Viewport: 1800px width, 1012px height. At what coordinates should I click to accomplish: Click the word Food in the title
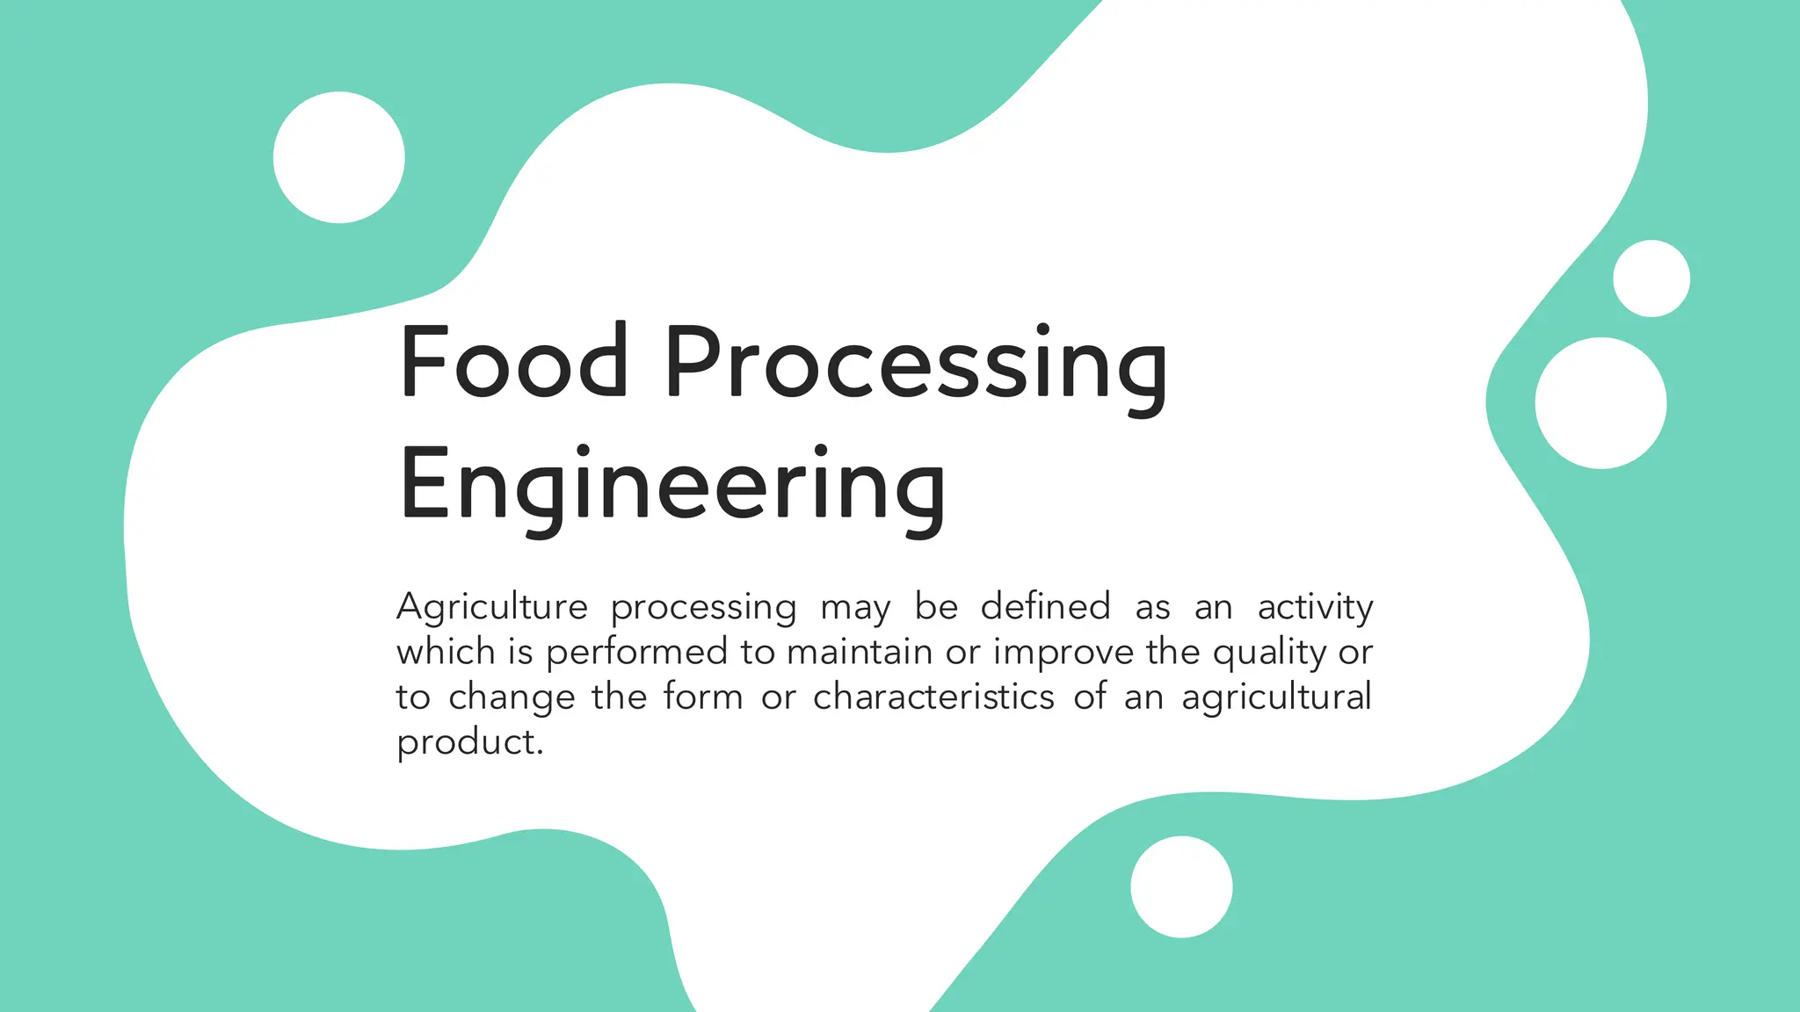point(513,362)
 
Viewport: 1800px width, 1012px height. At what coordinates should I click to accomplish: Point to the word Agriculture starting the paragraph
point(492,608)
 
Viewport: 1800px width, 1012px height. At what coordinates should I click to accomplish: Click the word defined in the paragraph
point(1045,606)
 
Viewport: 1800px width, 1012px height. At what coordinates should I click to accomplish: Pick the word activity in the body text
point(1315,608)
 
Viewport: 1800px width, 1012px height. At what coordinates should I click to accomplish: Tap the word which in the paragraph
point(446,652)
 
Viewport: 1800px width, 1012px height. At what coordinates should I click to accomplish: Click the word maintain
point(859,652)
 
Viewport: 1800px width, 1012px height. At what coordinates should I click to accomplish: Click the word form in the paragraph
point(703,697)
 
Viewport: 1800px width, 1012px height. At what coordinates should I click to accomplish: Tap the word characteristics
point(933,697)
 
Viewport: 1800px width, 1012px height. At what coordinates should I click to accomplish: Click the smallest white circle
point(1651,278)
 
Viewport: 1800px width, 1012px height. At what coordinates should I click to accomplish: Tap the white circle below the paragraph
point(1181,886)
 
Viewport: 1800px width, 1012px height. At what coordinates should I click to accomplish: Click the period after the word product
point(540,753)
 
